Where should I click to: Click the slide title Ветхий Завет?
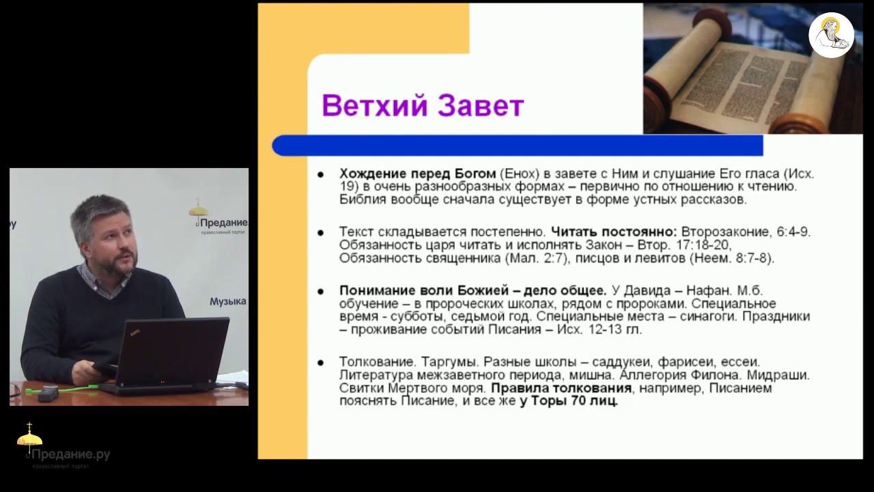coord(423,106)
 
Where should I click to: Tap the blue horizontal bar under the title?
coord(517,146)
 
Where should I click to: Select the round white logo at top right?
coord(831,35)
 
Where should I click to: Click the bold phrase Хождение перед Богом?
coord(417,174)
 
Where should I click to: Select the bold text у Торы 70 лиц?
coord(568,402)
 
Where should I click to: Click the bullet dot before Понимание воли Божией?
coord(320,290)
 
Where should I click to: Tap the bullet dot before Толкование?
coord(320,362)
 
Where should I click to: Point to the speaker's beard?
coord(122,266)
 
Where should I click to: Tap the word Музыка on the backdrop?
coord(228,301)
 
